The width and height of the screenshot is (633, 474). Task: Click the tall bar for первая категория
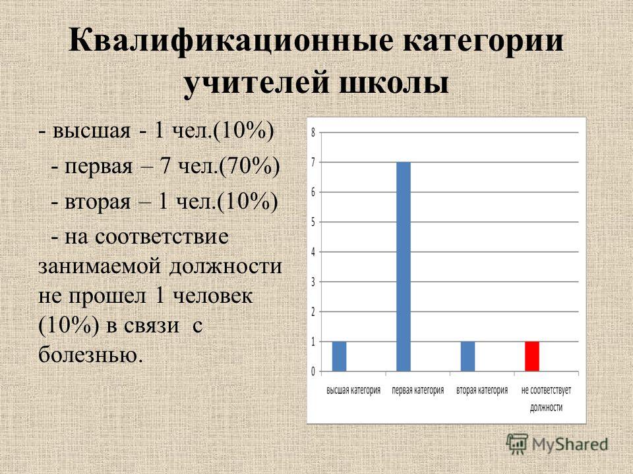coord(404,267)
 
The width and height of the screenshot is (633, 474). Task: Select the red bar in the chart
coord(531,356)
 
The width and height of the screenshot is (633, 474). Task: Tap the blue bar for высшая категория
coord(339,356)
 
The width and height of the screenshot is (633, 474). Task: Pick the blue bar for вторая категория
coord(467,356)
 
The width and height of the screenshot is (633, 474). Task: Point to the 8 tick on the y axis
coord(313,132)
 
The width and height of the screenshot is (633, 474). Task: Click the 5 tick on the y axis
coord(313,222)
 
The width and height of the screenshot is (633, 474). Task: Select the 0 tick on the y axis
coord(313,371)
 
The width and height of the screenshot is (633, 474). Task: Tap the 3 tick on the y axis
coord(313,282)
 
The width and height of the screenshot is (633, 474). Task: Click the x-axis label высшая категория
coord(353,390)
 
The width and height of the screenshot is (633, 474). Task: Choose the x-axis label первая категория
coord(418,390)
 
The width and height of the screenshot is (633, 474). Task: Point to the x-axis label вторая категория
coord(482,390)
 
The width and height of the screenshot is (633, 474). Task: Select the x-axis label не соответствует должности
coord(546,399)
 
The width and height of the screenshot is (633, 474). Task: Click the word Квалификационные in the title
coord(231,40)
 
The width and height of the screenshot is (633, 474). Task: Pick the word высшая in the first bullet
coord(92,132)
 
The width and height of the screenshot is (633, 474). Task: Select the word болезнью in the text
coord(91,354)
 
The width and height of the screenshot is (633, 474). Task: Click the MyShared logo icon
coord(517,444)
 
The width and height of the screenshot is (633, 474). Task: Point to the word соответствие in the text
coord(162,237)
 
